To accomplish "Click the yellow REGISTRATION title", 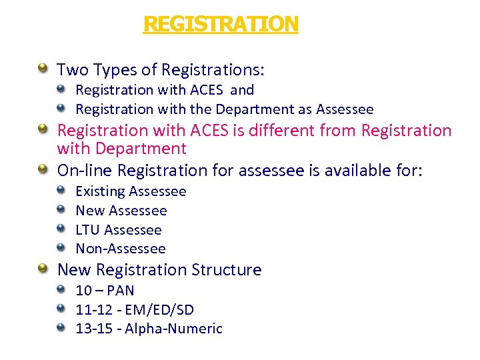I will coord(221,25).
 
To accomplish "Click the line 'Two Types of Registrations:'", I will coord(161,69).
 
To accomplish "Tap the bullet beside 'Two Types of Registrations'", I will coord(43,68).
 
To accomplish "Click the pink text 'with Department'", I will coord(122,149).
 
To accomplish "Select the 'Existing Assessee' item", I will coord(131,191).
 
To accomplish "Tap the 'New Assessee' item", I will coord(121,211).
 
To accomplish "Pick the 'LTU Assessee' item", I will coord(119,230).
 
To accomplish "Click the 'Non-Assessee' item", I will coord(121,249).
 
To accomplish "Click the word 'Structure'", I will coord(227,270).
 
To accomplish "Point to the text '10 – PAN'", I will coord(105,291).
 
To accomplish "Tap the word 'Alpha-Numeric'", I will coord(173,329).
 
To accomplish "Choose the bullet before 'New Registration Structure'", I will coord(43,269).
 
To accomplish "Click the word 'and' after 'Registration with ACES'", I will coord(242,90).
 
